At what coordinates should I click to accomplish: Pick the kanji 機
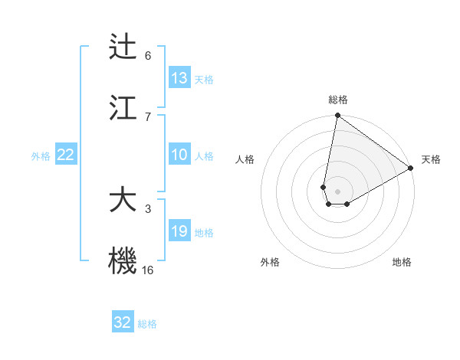click(123, 260)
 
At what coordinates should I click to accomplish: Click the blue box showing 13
click(179, 78)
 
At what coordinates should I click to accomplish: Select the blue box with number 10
click(179, 155)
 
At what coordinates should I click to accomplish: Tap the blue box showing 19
click(179, 231)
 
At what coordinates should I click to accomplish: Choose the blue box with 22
click(66, 155)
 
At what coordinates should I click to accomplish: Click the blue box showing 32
click(123, 322)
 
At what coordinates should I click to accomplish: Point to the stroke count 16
click(148, 270)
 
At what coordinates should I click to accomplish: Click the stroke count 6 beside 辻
click(148, 55)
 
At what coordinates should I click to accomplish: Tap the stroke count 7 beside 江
click(148, 116)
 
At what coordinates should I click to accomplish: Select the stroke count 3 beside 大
click(148, 208)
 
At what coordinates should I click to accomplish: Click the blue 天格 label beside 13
click(204, 80)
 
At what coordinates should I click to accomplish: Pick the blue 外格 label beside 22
click(41, 156)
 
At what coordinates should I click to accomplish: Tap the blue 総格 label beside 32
click(147, 324)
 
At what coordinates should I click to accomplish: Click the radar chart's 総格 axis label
click(338, 100)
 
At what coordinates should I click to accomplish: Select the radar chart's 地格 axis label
click(402, 263)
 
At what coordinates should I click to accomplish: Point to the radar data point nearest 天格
click(411, 169)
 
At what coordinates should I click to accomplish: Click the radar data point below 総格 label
click(337, 116)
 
